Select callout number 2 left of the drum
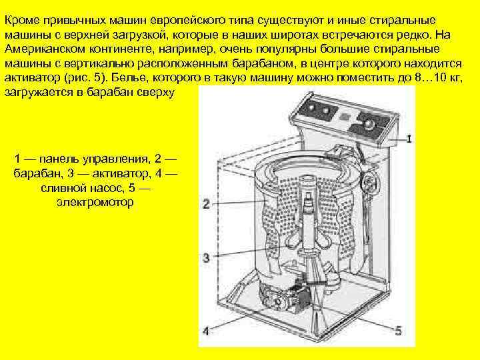(207, 205)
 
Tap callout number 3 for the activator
(207, 257)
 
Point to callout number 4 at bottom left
(207, 331)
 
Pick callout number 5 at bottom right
(398, 331)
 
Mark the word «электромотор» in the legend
(95, 201)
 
